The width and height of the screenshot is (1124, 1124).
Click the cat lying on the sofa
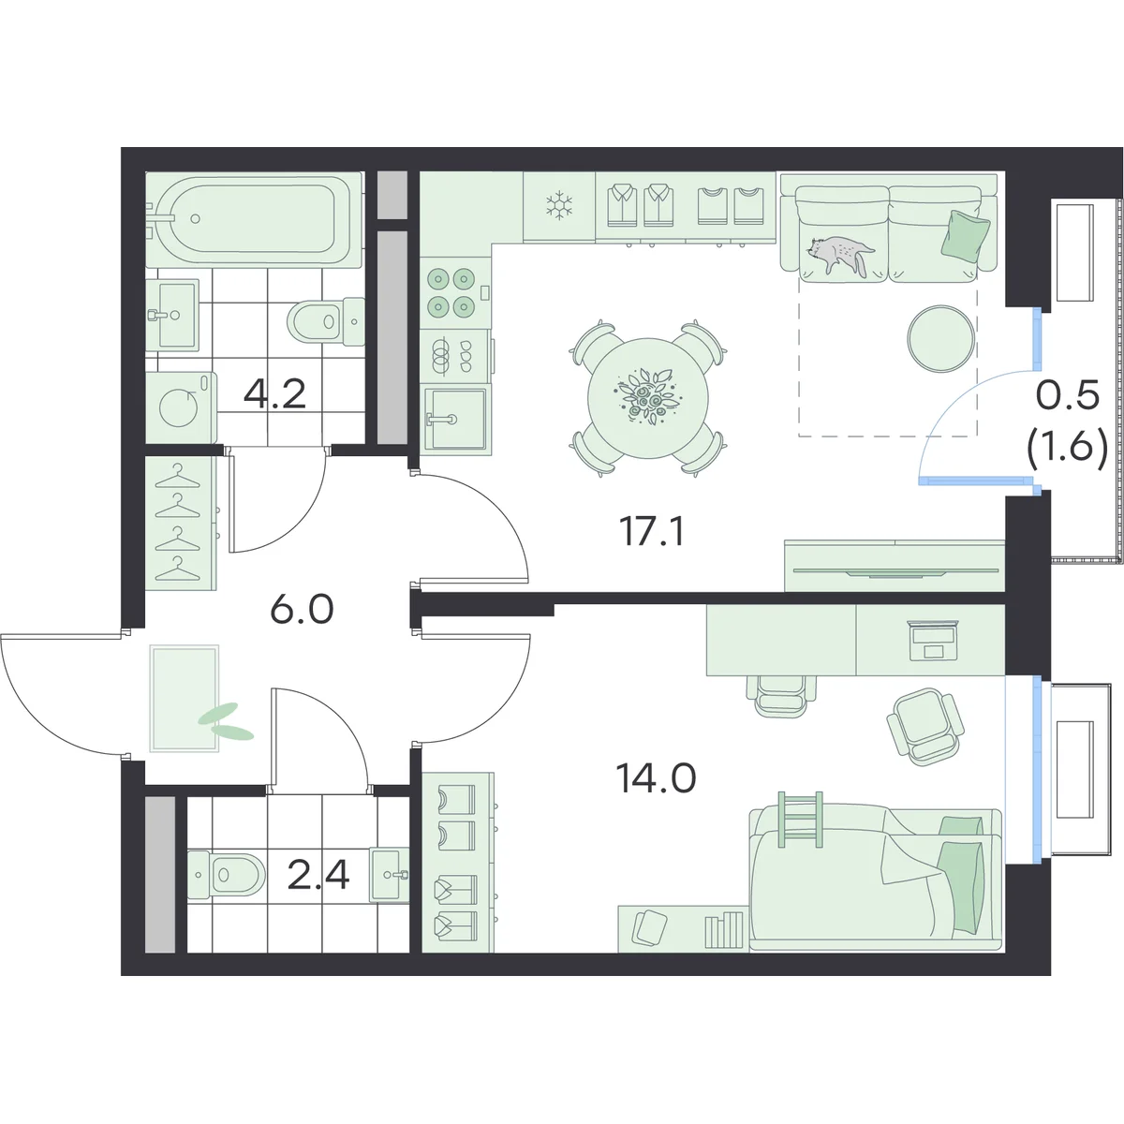[841, 254]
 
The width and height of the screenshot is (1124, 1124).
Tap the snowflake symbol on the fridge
[559, 205]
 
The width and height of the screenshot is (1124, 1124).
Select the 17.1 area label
[652, 531]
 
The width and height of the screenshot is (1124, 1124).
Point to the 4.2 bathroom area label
[274, 395]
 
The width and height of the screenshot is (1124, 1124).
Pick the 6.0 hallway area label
[303, 610]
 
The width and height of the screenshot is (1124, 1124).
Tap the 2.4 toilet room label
[318, 875]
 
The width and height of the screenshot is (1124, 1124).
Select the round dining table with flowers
[647, 399]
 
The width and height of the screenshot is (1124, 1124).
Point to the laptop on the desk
[933, 641]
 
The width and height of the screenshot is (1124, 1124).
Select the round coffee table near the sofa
[940, 339]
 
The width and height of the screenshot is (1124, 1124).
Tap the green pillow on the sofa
[966, 234]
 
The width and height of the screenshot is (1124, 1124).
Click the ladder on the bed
[800, 820]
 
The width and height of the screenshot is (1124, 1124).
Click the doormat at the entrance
[185, 698]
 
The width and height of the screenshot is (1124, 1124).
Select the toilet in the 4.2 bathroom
[325, 321]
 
